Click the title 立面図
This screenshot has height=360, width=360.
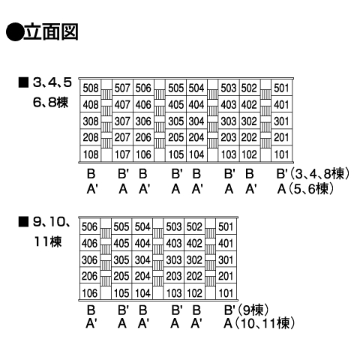click(x=51, y=31)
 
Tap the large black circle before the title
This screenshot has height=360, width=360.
click(x=14, y=32)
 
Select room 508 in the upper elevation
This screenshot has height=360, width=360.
click(x=91, y=88)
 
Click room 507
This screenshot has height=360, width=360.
click(x=122, y=88)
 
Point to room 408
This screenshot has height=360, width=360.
click(x=91, y=104)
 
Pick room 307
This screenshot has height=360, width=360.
click(x=122, y=121)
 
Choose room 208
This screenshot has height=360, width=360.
click(x=91, y=137)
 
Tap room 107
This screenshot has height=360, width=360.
click(x=122, y=154)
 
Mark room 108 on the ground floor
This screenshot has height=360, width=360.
click(x=91, y=154)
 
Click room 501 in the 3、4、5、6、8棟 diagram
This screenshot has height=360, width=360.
click(x=281, y=88)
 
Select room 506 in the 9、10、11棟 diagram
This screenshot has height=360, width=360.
click(x=89, y=226)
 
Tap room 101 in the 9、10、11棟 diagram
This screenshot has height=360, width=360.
click(x=226, y=293)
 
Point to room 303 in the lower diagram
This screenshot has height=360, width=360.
click(x=174, y=260)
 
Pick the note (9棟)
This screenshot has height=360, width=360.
click(x=253, y=310)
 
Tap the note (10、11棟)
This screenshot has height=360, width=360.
click(x=265, y=323)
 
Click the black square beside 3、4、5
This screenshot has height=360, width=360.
click(x=23, y=82)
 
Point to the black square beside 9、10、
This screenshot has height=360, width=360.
click(x=23, y=222)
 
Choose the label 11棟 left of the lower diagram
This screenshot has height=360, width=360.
click(x=47, y=241)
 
